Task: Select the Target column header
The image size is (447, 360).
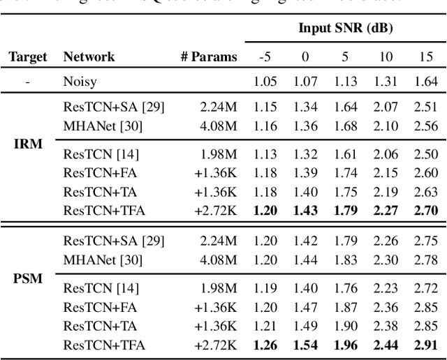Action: point(27,57)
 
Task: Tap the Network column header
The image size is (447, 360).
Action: point(89,57)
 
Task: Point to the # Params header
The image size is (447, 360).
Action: point(208,57)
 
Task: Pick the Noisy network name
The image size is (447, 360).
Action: point(80,82)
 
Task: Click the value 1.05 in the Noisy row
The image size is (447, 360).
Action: point(265,82)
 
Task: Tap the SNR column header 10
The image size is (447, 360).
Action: point(386,57)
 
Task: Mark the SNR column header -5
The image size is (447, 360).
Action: point(265,57)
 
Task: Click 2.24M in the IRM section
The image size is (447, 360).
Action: point(218,106)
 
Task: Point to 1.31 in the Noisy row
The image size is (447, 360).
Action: point(386,82)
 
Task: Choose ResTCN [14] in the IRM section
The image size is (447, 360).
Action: point(101,154)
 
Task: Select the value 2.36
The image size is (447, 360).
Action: point(386,307)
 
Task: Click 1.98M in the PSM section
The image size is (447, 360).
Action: point(218,288)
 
